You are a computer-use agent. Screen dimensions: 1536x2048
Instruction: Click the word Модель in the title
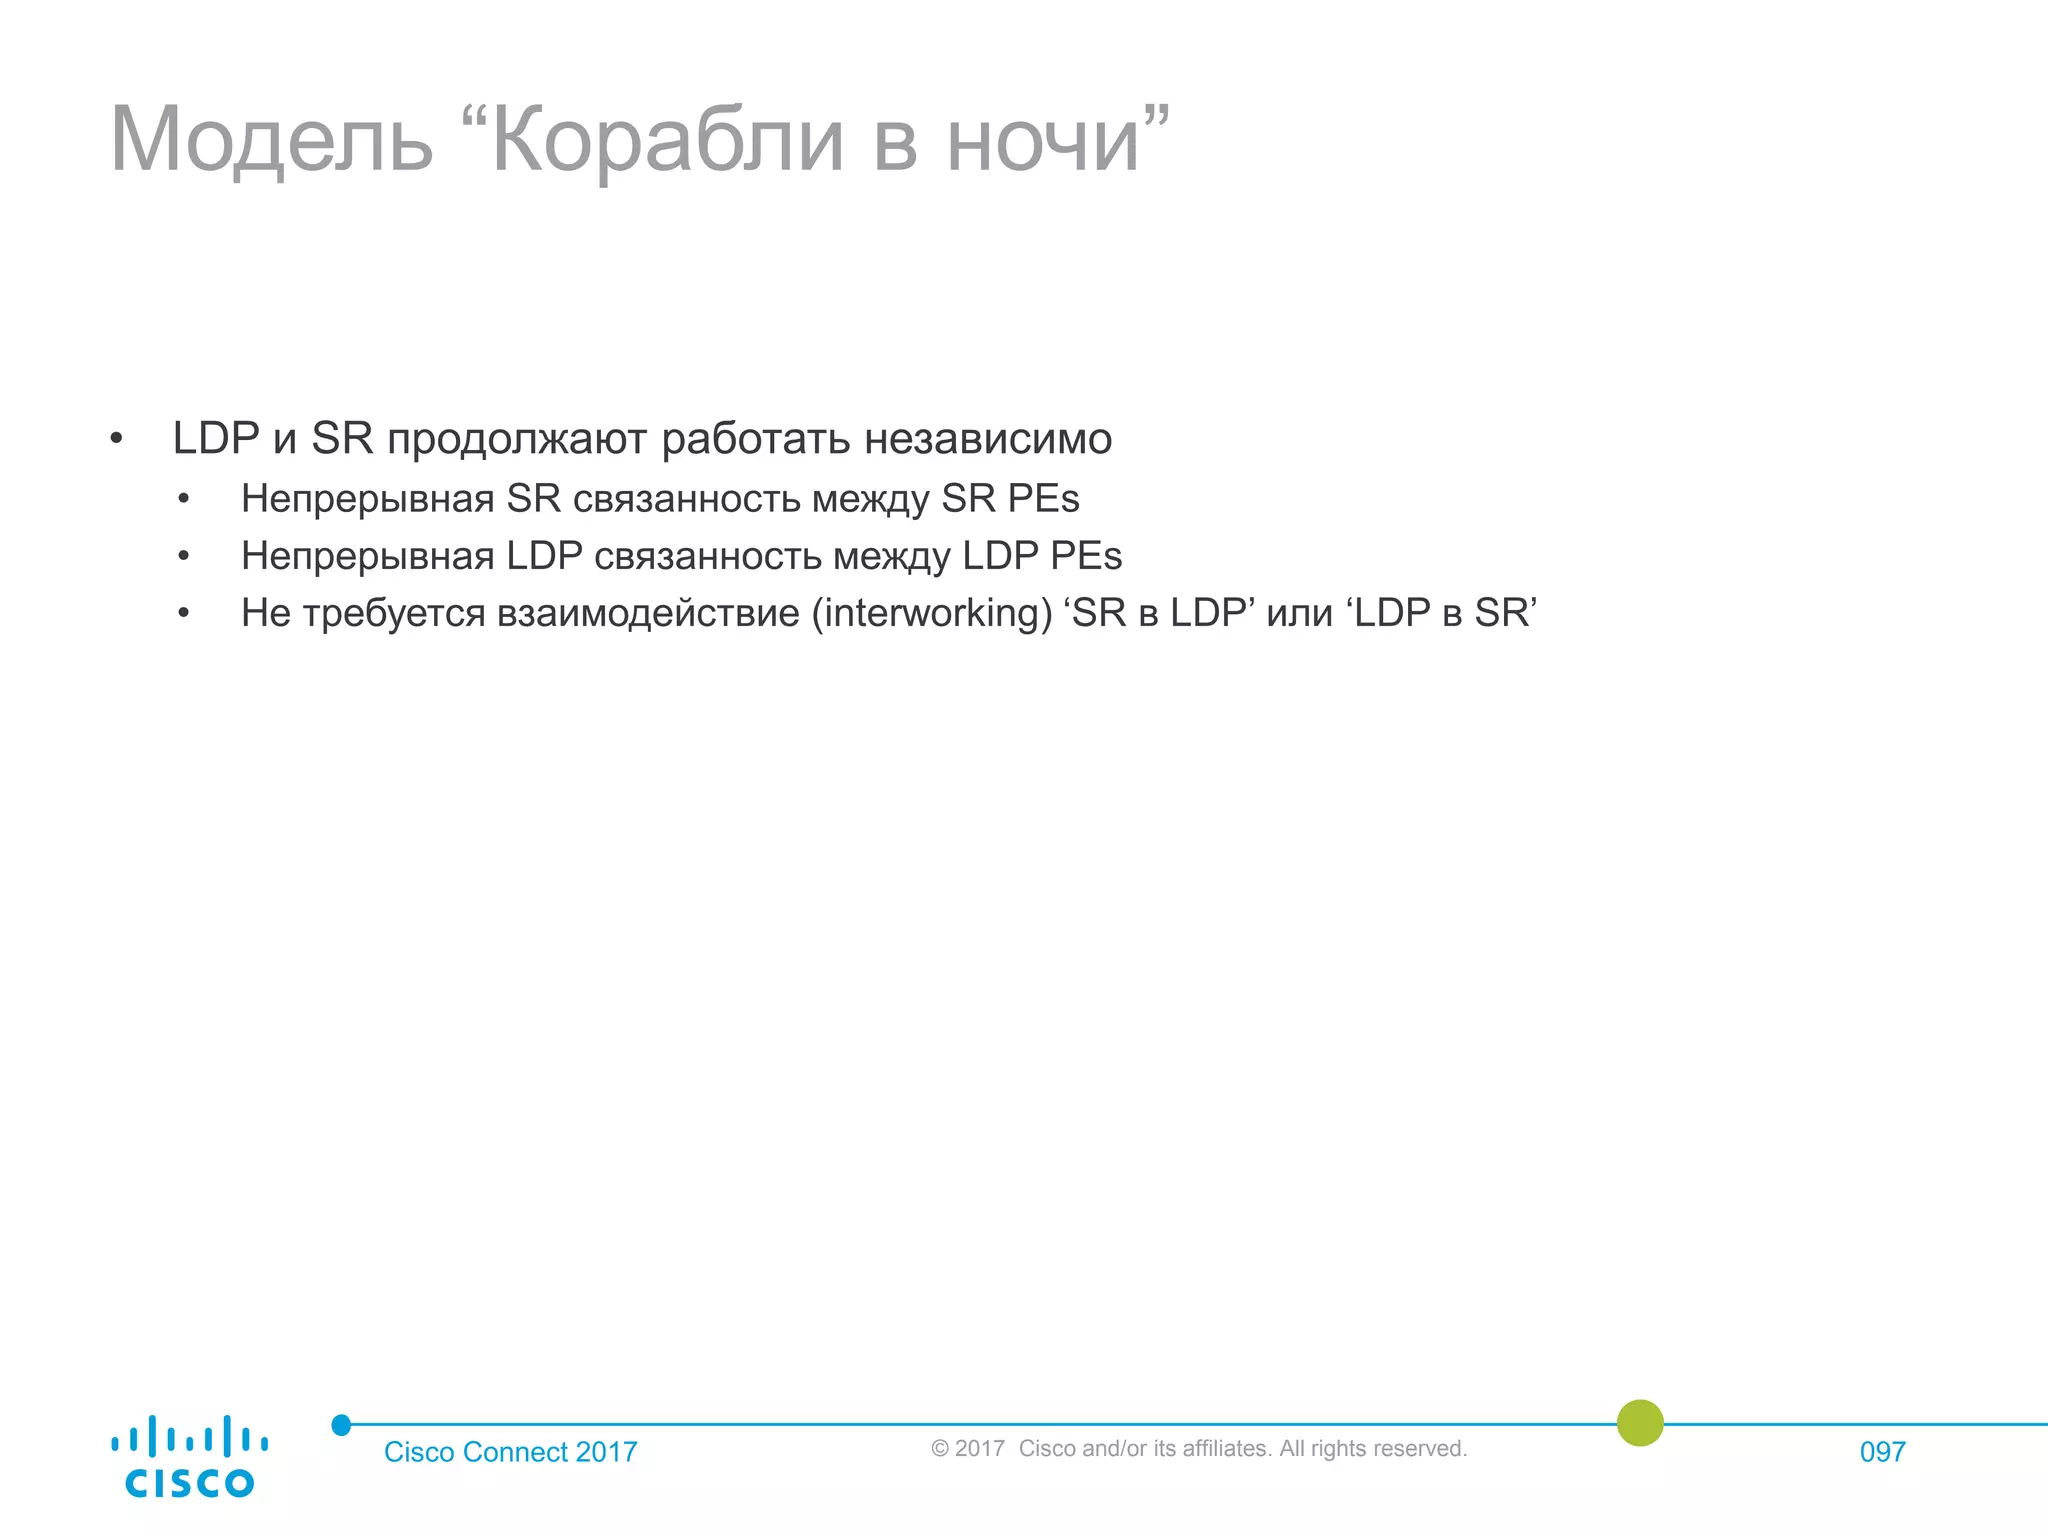[271, 140]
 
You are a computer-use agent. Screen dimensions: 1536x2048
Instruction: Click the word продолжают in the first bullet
[517, 439]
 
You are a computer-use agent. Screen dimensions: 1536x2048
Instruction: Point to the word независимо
[988, 439]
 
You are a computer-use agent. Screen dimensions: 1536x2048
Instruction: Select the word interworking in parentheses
[932, 613]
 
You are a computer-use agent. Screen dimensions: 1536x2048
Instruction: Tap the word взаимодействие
[648, 613]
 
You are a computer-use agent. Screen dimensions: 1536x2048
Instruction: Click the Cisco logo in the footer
[189, 1456]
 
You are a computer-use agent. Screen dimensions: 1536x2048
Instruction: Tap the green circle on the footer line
[1640, 1423]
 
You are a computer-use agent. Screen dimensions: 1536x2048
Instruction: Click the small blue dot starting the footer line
[341, 1425]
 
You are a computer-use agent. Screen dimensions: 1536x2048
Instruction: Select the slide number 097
[1882, 1452]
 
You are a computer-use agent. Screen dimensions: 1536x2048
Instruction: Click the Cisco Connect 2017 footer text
[510, 1452]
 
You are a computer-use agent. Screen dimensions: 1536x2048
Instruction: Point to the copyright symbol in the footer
[940, 1449]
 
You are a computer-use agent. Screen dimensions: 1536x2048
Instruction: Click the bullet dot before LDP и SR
[116, 440]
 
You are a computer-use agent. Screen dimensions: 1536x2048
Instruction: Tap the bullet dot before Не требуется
[184, 614]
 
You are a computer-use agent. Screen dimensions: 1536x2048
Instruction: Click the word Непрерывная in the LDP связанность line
[367, 556]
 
